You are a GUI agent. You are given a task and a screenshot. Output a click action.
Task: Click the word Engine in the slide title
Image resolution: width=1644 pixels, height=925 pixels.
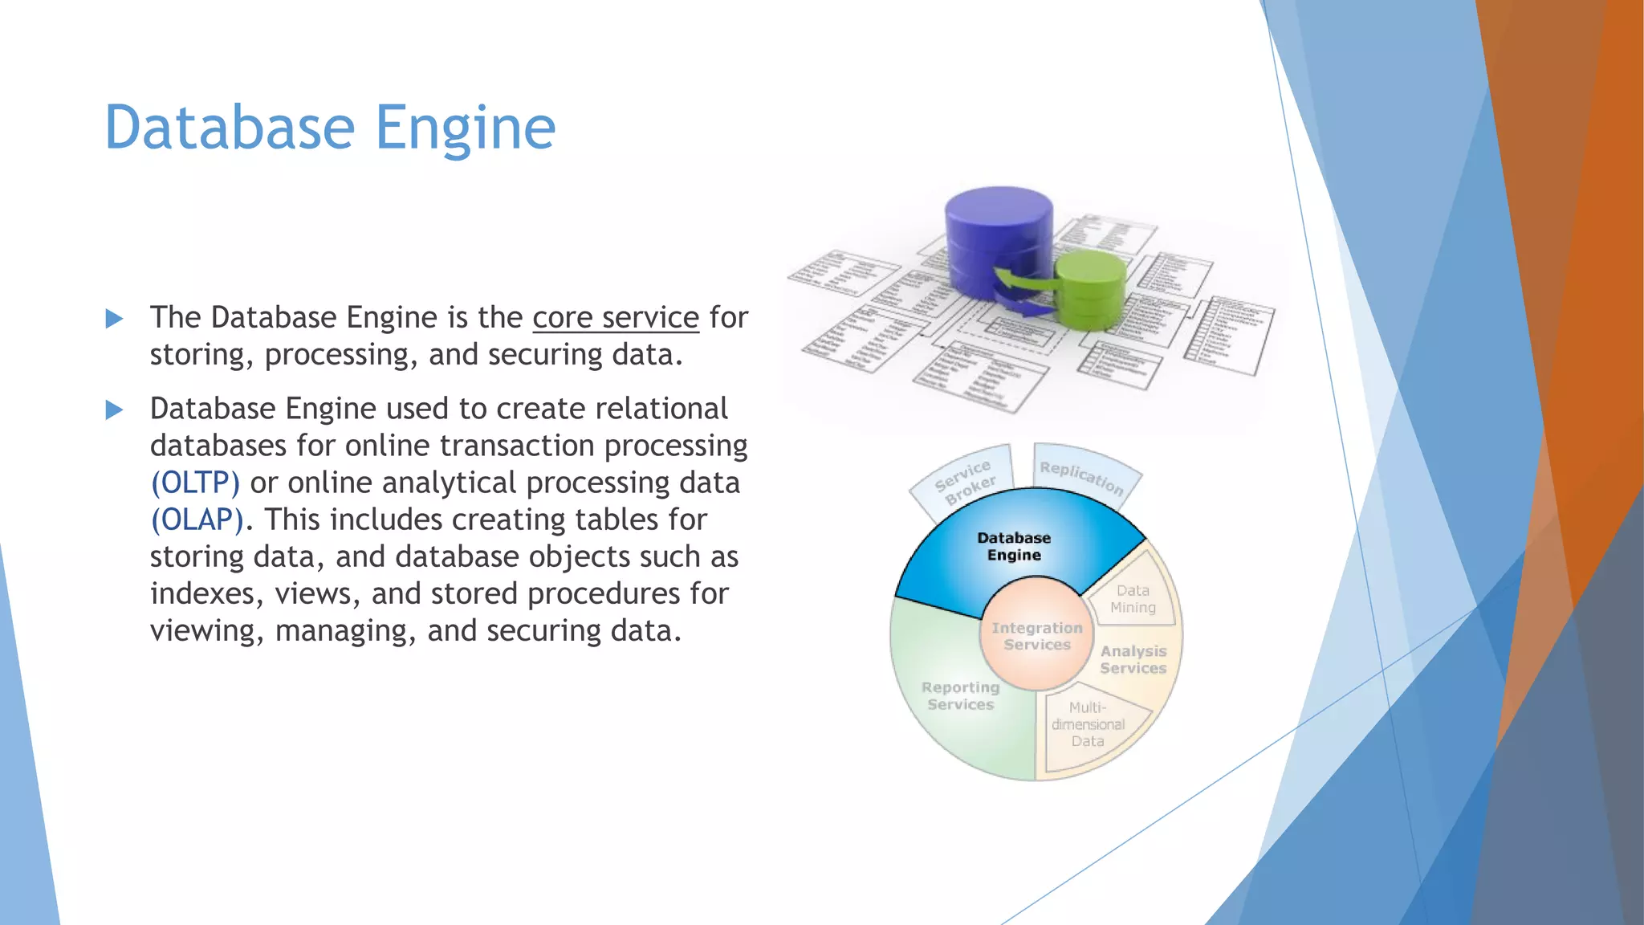pyautogui.click(x=465, y=128)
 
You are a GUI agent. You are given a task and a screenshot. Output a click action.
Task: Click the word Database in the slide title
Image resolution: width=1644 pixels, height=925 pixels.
pyautogui.click(x=230, y=128)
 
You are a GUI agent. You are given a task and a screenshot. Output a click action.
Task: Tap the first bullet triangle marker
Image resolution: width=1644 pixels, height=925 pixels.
pyautogui.click(x=114, y=319)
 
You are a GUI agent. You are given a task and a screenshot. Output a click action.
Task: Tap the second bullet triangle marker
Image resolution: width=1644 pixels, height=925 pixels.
pyautogui.click(x=114, y=410)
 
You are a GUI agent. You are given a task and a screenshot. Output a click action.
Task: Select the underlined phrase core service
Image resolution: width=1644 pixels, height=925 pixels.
pyautogui.click(x=616, y=318)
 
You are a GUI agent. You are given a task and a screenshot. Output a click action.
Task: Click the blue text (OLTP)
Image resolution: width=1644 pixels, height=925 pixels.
pyautogui.click(x=195, y=483)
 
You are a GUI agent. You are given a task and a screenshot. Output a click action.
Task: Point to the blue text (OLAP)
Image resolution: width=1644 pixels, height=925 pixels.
pyautogui.click(x=197, y=520)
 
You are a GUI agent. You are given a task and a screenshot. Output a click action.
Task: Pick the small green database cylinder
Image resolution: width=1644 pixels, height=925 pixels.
pyautogui.click(x=1089, y=289)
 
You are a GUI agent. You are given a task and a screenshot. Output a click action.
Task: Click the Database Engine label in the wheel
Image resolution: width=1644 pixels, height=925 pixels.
pyautogui.click(x=1014, y=547)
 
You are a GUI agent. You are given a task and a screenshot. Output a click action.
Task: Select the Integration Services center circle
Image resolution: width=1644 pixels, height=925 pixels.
pyautogui.click(x=1036, y=636)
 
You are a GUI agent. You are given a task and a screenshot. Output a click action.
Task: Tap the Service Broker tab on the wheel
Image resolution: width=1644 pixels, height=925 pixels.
pyautogui.click(x=964, y=483)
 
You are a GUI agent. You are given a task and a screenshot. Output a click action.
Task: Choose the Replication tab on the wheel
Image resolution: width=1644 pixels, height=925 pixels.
pyautogui.click(x=1081, y=477)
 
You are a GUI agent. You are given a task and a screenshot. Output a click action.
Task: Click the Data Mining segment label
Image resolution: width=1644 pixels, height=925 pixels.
pyautogui.click(x=1133, y=599)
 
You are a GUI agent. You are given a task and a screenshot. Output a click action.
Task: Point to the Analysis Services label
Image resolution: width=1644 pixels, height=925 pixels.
pyautogui.click(x=1133, y=660)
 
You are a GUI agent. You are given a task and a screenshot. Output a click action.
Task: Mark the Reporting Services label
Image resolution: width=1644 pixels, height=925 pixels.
pyautogui.click(x=960, y=696)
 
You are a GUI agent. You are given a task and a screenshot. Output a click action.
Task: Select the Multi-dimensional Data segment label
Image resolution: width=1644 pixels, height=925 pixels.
pyautogui.click(x=1088, y=724)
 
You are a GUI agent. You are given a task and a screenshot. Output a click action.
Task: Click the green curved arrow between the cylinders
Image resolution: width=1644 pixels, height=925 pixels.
pyautogui.click(x=1023, y=282)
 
